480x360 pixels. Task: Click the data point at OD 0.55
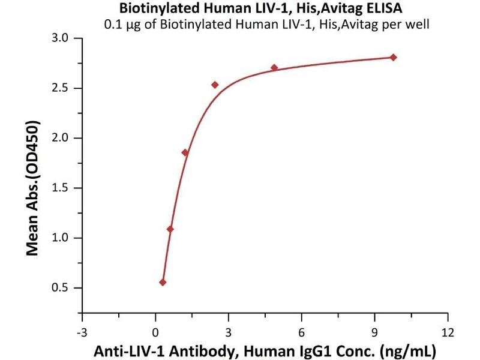point(163,282)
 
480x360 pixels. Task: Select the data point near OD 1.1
point(170,229)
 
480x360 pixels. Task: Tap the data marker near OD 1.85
point(185,152)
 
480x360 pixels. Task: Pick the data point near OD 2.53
point(215,85)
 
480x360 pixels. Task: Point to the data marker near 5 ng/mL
point(274,67)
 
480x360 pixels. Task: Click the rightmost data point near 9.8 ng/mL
point(393,57)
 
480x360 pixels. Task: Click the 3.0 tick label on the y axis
point(62,38)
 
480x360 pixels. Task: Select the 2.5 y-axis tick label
point(62,88)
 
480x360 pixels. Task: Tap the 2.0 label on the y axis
point(62,138)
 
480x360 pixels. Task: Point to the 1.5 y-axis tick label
point(62,188)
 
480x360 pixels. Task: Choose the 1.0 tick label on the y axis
point(62,238)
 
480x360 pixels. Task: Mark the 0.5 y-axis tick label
point(62,288)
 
